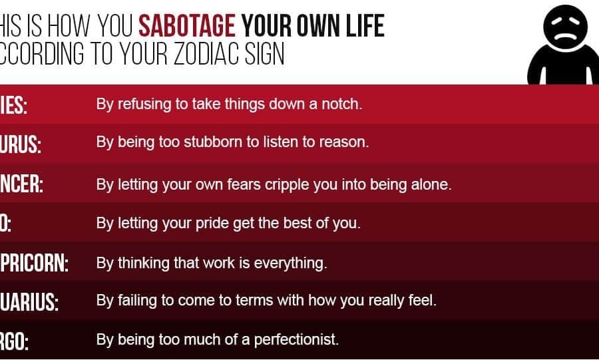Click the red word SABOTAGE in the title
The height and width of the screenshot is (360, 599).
[187, 26]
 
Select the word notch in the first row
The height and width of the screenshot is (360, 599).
[343, 104]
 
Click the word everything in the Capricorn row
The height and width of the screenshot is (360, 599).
[293, 263]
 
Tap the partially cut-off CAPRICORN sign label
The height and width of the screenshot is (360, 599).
[35, 264]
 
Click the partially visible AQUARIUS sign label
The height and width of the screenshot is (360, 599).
[29, 302]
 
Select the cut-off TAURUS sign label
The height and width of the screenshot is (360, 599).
[21, 145]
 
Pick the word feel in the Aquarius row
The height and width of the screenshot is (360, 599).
[423, 301]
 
